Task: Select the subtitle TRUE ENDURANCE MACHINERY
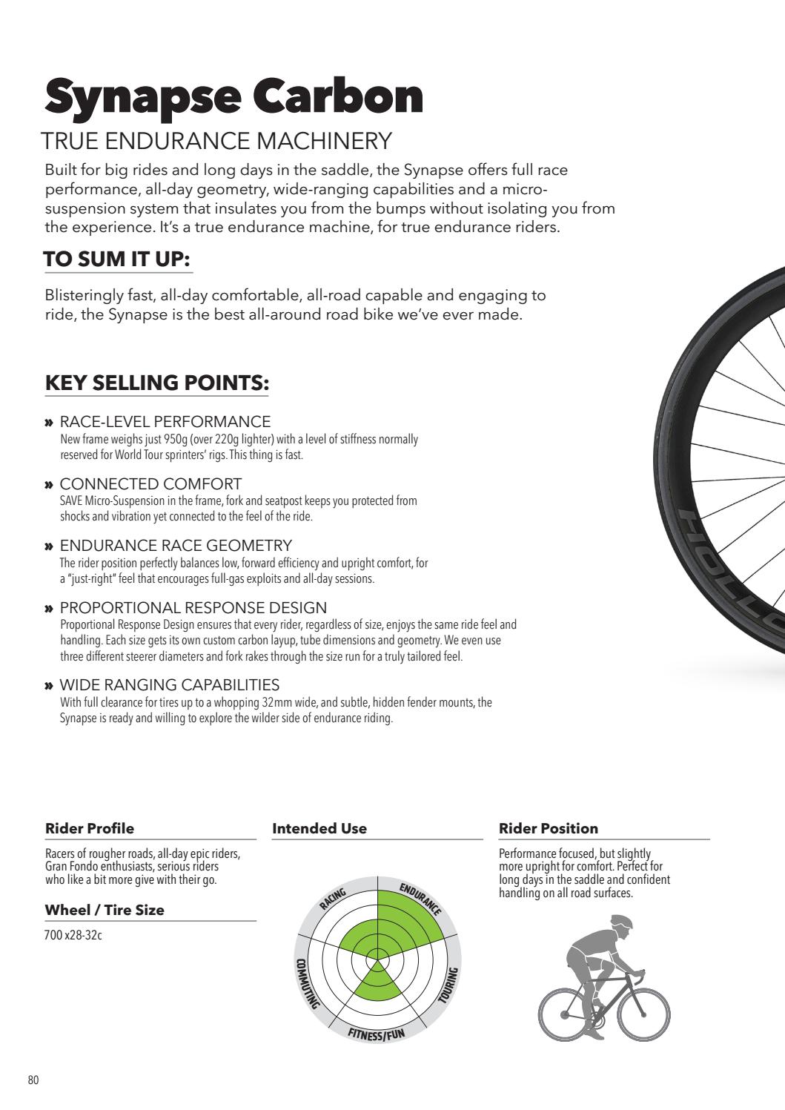pos(216,141)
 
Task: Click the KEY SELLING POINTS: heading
pos(156,383)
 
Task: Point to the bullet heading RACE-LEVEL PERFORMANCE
pos(165,422)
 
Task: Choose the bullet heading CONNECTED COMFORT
pos(150,484)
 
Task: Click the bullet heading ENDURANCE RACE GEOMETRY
pos(176,546)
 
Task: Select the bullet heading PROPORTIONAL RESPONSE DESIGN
pos(193,608)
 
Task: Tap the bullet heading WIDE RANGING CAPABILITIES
pos(169,684)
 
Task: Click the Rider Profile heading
pos(90,828)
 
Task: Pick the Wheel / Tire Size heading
pos(105,910)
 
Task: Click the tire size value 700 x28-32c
pos(73,935)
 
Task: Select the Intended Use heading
pos(319,828)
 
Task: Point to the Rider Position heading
pos(549,828)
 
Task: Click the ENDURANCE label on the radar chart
pos(420,899)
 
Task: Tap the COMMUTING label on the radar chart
pos(306,983)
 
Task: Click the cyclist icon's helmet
pos(622,923)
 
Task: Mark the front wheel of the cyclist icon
pos(644,1012)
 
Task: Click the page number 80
pos(33,1080)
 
